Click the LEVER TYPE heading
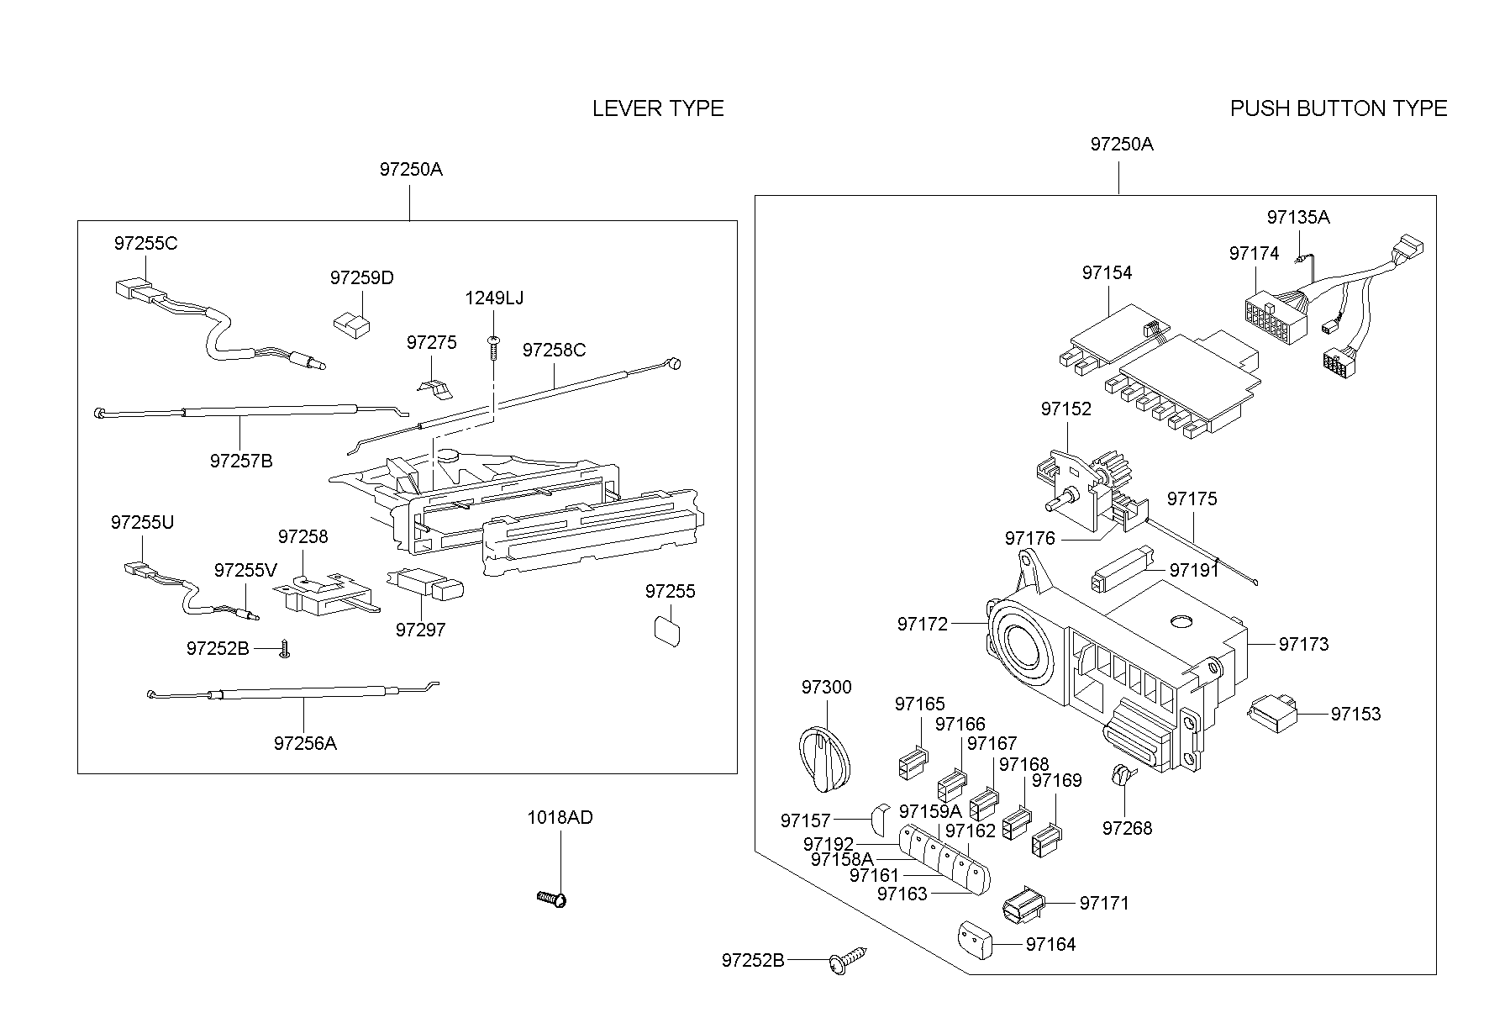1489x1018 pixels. pos(658,108)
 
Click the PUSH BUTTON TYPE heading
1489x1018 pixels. pos(1338,108)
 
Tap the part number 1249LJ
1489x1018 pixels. pos(494,298)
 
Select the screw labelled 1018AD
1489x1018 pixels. pos(553,899)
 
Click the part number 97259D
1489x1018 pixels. pos(361,277)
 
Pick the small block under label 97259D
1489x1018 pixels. pos(351,324)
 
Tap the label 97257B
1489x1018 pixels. pos(241,461)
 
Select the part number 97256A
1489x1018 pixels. pos(305,743)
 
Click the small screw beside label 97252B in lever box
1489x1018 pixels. pos(285,650)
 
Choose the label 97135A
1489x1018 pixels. pos(1298,217)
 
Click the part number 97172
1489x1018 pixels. pos(922,624)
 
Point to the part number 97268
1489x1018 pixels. pos(1127,828)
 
